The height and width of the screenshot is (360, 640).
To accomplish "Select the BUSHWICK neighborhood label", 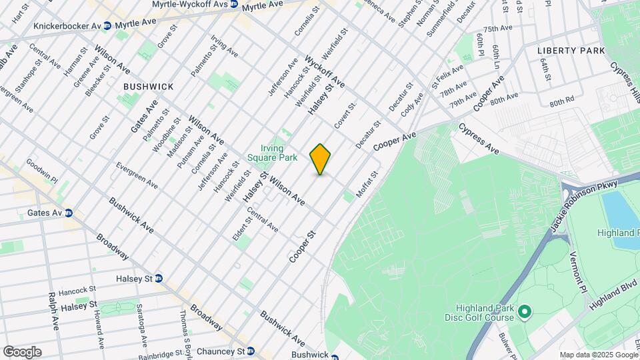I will click(x=148, y=87).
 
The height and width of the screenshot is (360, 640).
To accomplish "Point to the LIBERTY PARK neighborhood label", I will click(x=571, y=51).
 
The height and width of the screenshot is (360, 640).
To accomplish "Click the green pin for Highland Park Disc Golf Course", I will click(x=525, y=311).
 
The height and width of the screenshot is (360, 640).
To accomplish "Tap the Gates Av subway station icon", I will click(x=69, y=213).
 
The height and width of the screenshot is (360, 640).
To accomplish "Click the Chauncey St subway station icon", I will click(x=251, y=351).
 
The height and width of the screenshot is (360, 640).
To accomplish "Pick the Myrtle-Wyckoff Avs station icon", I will click(x=233, y=5).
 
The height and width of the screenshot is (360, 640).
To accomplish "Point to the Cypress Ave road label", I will click(x=479, y=138).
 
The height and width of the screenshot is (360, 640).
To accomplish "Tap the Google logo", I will click(x=22, y=351).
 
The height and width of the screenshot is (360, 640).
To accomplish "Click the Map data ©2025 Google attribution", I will click(x=598, y=355).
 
